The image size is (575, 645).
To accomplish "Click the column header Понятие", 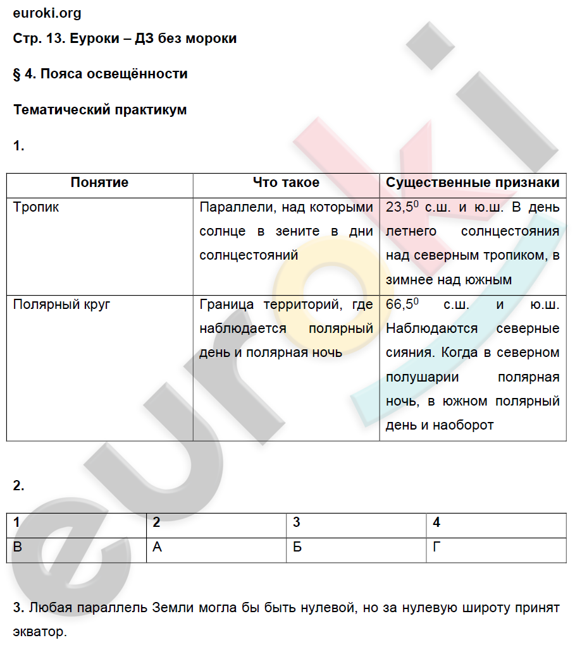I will (99, 183).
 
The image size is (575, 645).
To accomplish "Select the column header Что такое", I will (286, 183).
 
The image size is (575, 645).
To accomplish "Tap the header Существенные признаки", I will (473, 183).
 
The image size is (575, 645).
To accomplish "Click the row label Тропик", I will (36, 207).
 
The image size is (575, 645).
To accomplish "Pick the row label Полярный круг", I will (62, 304).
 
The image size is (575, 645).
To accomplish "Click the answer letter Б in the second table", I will (297, 547).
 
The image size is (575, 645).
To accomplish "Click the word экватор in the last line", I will (38, 632).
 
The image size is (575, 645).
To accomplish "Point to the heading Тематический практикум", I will (100, 110).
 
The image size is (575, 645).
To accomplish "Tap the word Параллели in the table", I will (230, 207).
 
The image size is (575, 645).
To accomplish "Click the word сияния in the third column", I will (409, 353).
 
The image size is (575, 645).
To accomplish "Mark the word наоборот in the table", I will (463, 425).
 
